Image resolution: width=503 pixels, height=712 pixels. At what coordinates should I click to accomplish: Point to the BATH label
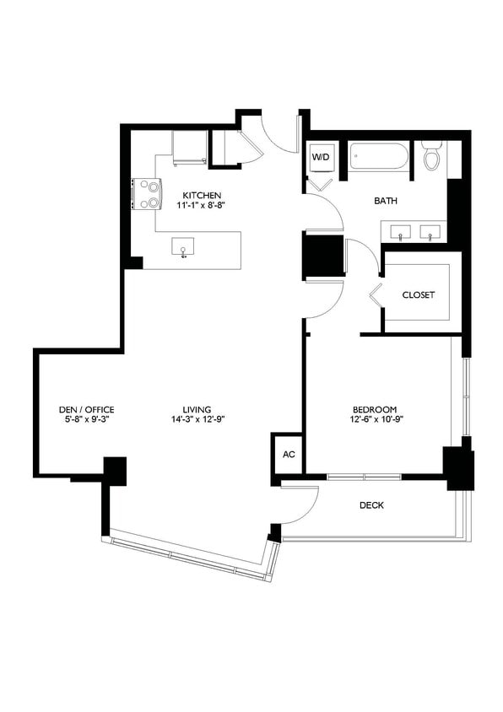click(386, 201)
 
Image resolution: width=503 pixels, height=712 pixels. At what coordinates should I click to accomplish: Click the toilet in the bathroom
click(432, 156)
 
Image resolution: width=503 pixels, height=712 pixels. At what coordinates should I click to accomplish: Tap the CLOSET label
click(418, 294)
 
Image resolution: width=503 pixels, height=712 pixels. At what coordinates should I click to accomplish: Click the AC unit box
click(288, 454)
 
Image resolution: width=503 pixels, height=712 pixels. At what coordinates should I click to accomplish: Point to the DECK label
click(371, 505)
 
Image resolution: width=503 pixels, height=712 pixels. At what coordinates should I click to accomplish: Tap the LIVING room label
click(197, 408)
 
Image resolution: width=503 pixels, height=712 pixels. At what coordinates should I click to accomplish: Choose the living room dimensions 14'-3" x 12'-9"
click(197, 418)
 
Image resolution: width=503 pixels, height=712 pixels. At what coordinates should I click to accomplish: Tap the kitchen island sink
click(183, 246)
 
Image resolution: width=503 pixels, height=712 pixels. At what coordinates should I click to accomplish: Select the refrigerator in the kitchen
click(189, 148)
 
